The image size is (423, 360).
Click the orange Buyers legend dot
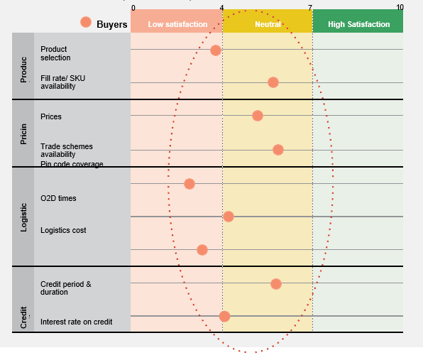tap(86, 22)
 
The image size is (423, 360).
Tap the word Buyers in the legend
tap(112, 25)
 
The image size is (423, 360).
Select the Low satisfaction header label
tap(177, 24)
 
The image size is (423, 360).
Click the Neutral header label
tap(268, 24)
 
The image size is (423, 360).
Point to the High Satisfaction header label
tap(359, 24)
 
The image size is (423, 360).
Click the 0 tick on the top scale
tap(133, 8)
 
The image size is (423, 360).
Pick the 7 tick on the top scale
tap(310, 8)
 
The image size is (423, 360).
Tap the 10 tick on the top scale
tap(400, 7)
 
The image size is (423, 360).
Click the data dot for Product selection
tap(216, 50)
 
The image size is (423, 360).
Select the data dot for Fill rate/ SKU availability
tap(273, 82)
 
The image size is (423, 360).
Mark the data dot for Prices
tap(258, 116)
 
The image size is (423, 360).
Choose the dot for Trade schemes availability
tap(278, 150)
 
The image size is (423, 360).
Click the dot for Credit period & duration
tap(276, 284)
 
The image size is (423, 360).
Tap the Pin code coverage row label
tap(72, 164)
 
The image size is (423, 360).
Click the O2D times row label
tap(58, 198)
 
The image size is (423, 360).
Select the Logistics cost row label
tap(63, 230)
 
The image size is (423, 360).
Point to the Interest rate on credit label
tap(77, 322)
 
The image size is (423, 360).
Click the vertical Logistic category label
tap(23, 217)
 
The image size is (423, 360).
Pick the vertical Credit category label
tap(23, 317)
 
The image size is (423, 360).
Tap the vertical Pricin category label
tap(23, 134)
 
